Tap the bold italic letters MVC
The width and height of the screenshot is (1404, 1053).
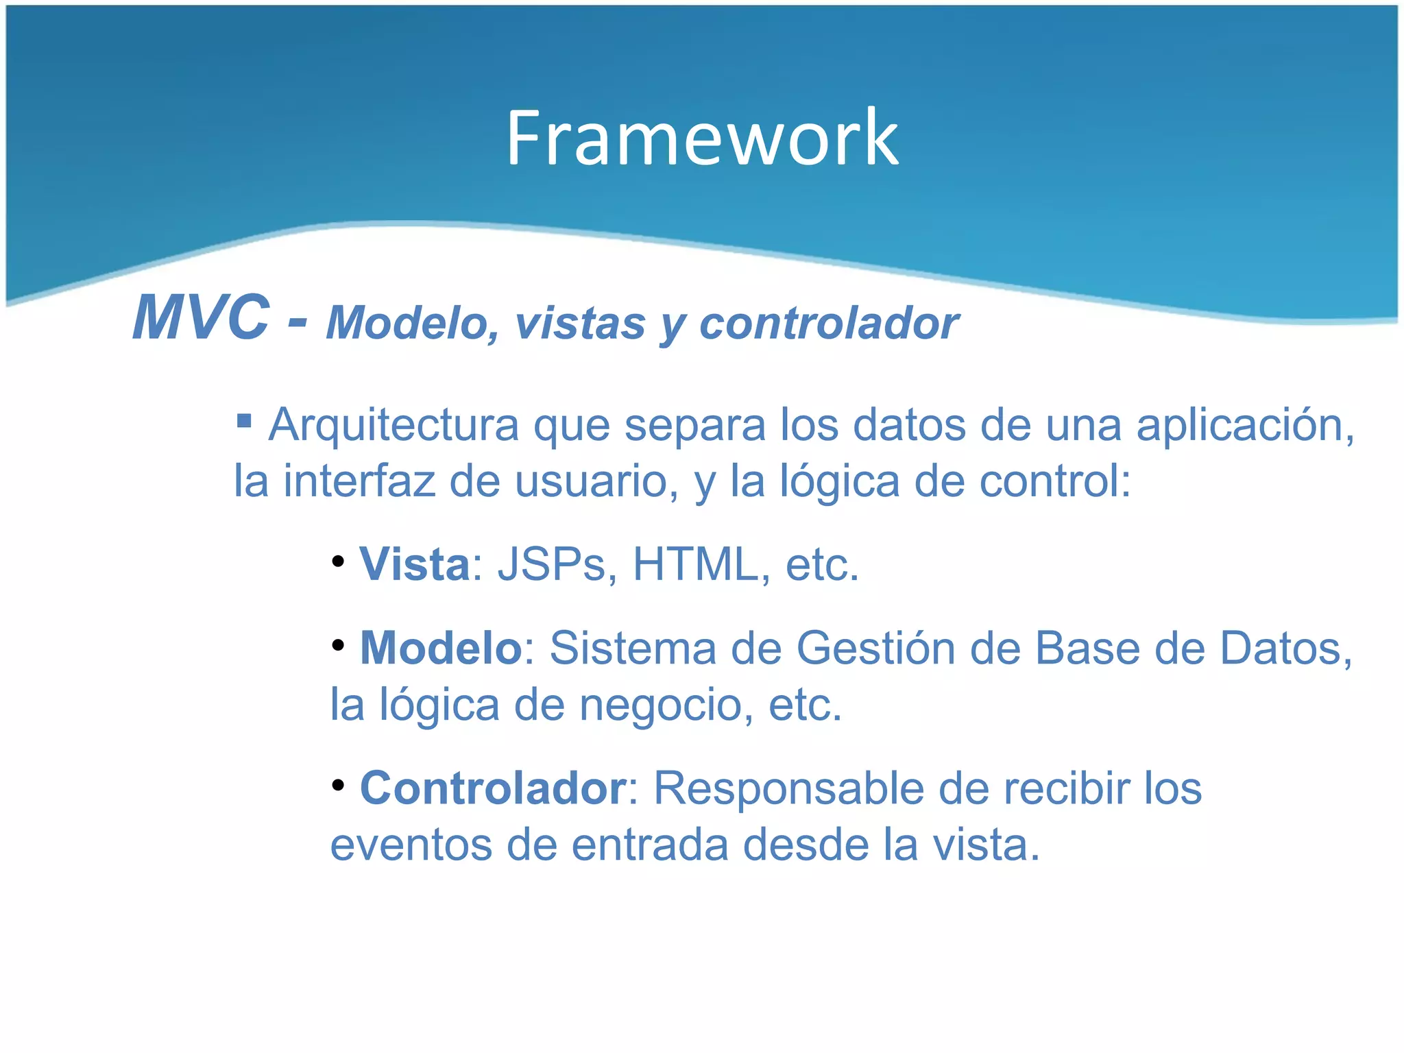200,318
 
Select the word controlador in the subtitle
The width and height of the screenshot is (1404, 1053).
828,324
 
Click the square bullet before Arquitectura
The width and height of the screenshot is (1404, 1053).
243,420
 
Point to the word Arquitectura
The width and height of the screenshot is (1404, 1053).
394,425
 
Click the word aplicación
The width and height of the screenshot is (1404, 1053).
1244,425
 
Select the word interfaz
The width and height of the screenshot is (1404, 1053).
359,481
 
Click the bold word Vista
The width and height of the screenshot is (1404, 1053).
415,565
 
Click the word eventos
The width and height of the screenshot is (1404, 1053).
411,845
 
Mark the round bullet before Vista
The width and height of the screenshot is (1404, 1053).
337,561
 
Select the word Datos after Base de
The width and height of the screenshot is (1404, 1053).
1285,649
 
